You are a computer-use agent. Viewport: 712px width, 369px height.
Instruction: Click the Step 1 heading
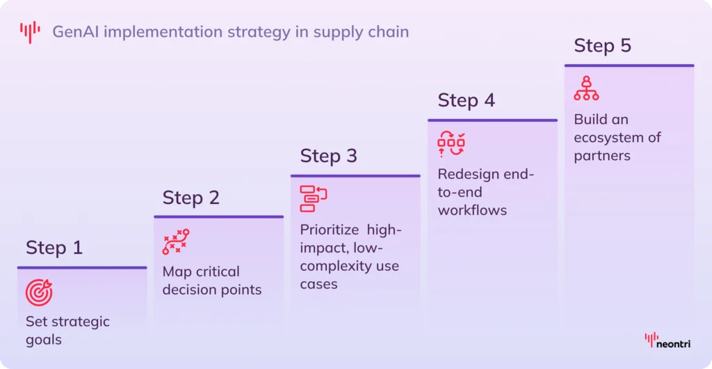[x=54, y=247]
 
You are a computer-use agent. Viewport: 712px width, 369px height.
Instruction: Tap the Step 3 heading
[x=329, y=155]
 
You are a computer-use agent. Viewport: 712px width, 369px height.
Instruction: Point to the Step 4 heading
[x=467, y=100]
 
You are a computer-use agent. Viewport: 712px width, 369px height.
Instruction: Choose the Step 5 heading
[x=603, y=46]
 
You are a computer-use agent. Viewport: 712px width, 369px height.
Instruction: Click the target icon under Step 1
[x=39, y=293]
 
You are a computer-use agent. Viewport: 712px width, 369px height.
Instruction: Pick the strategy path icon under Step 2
[x=176, y=242]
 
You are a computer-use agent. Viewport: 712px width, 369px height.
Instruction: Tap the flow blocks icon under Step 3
[x=314, y=198]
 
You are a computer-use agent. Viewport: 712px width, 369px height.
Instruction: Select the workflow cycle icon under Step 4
[x=451, y=144]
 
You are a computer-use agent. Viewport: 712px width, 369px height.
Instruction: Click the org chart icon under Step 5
[x=586, y=89]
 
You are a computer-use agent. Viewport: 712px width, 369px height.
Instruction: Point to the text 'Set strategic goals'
[x=67, y=331]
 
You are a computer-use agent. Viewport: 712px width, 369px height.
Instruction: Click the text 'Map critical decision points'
[x=212, y=281]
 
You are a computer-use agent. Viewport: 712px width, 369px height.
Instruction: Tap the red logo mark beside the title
[x=30, y=31]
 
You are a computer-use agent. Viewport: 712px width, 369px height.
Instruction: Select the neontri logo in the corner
[x=668, y=340]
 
